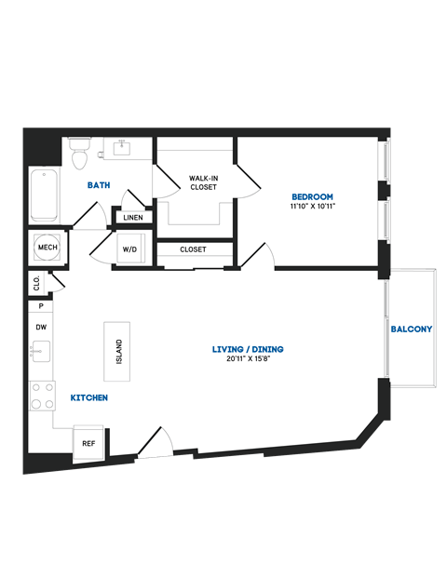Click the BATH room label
(x=99, y=185)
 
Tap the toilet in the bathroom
(x=79, y=152)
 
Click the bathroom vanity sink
(x=121, y=148)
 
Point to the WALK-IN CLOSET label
(x=203, y=181)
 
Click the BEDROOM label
(x=312, y=196)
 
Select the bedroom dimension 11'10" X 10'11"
(x=312, y=208)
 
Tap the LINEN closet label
(x=132, y=218)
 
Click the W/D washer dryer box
(x=129, y=250)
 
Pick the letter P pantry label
(x=41, y=305)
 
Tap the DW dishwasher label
(x=41, y=328)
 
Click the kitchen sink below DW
(x=40, y=352)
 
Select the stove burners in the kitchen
(x=42, y=396)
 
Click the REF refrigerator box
(x=89, y=444)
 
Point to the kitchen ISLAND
(x=117, y=351)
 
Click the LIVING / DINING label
(x=247, y=350)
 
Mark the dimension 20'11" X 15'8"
(x=247, y=361)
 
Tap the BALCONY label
(x=411, y=329)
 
